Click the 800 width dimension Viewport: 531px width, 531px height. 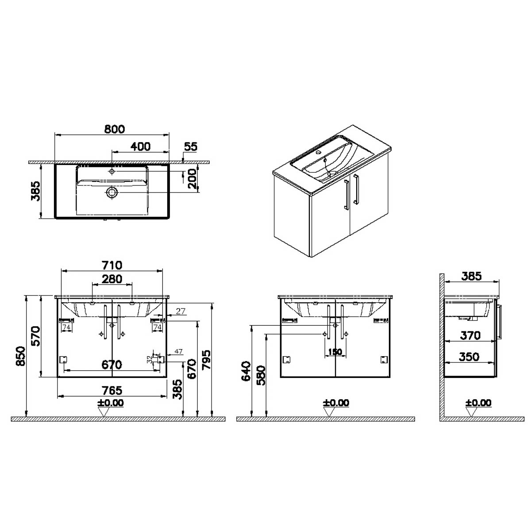pyautogui.click(x=114, y=129)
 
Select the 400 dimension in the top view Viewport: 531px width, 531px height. pyautogui.click(x=140, y=146)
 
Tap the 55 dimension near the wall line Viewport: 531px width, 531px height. pyautogui.click(x=191, y=146)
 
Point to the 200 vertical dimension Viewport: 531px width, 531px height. pyautogui.click(x=193, y=179)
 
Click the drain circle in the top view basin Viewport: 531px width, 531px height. pyautogui.click(x=112, y=192)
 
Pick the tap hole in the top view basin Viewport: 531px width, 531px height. pyautogui.click(x=112, y=172)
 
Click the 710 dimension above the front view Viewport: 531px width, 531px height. pyautogui.click(x=112, y=265)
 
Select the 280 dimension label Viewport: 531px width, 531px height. pyautogui.click(x=112, y=279)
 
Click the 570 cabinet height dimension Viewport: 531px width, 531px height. pyautogui.click(x=35, y=336)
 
